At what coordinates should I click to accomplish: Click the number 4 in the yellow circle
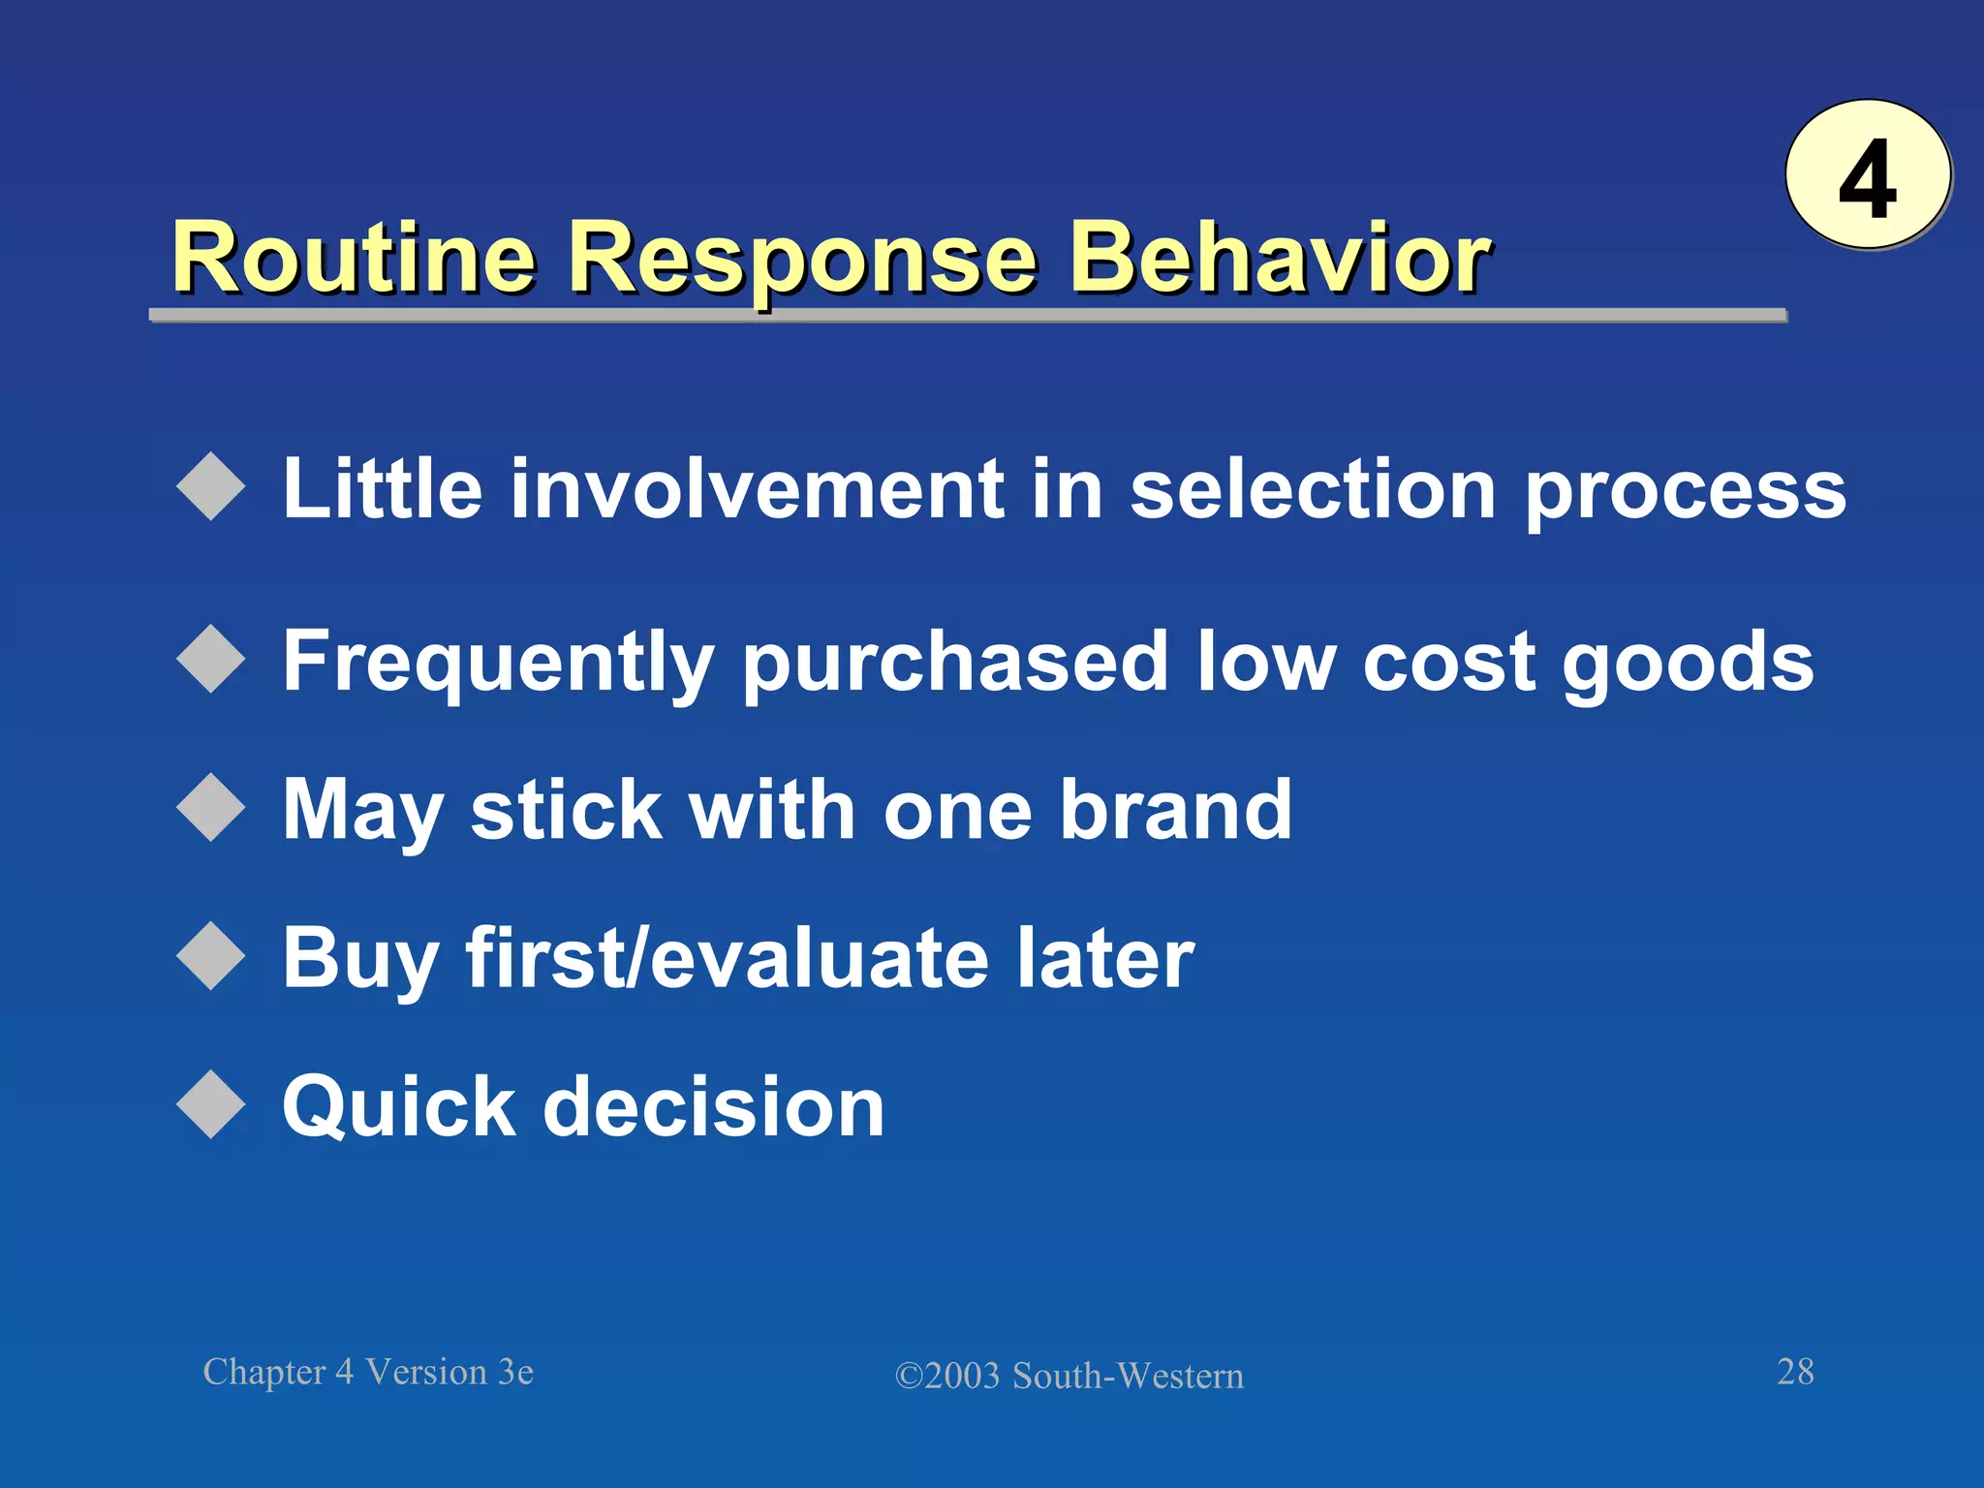point(1867,179)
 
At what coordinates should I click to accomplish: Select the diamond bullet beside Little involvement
point(211,487)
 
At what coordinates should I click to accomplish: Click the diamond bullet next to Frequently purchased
point(211,660)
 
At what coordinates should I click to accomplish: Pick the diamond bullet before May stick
point(211,808)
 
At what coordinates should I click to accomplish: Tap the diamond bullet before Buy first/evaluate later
point(211,957)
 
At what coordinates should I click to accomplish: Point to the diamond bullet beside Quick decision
point(211,1104)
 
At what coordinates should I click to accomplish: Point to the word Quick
point(398,1106)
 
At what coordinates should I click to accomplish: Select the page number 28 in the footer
point(1795,1372)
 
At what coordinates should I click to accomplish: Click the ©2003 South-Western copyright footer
point(1069,1376)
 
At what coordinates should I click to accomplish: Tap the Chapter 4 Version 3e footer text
point(368,1372)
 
